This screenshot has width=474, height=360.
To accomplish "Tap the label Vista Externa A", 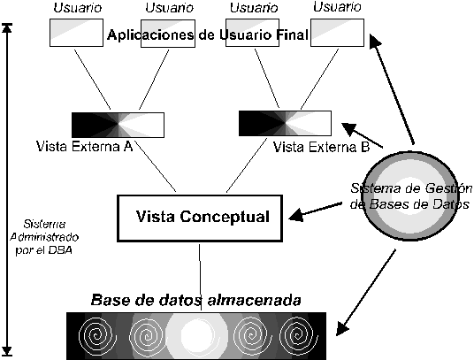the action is click(84, 147).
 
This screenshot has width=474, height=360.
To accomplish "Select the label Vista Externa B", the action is click(321, 147).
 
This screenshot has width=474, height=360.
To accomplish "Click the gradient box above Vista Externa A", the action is click(118, 125).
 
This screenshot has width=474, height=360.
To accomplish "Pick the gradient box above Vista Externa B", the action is click(285, 123).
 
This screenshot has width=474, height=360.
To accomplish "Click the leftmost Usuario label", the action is click(78, 8).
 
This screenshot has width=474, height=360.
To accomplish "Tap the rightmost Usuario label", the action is click(337, 7).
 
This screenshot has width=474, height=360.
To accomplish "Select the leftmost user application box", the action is click(76, 33).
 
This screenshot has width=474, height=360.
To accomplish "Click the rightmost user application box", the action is click(337, 33).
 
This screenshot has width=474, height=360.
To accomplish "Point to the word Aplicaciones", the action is click(150, 34).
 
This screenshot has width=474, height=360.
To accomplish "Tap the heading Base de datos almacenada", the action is click(196, 300).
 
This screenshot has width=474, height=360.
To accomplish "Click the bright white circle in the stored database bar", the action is click(196, 335).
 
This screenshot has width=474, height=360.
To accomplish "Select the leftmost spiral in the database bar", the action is click(97, 335).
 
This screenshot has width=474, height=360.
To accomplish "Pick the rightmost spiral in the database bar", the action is click(298, 335).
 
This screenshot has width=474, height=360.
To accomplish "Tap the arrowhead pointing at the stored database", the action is click(342, 328).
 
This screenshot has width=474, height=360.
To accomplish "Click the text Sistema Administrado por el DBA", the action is click(44, 237).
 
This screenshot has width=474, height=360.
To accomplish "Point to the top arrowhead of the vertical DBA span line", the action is click(7, 28).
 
